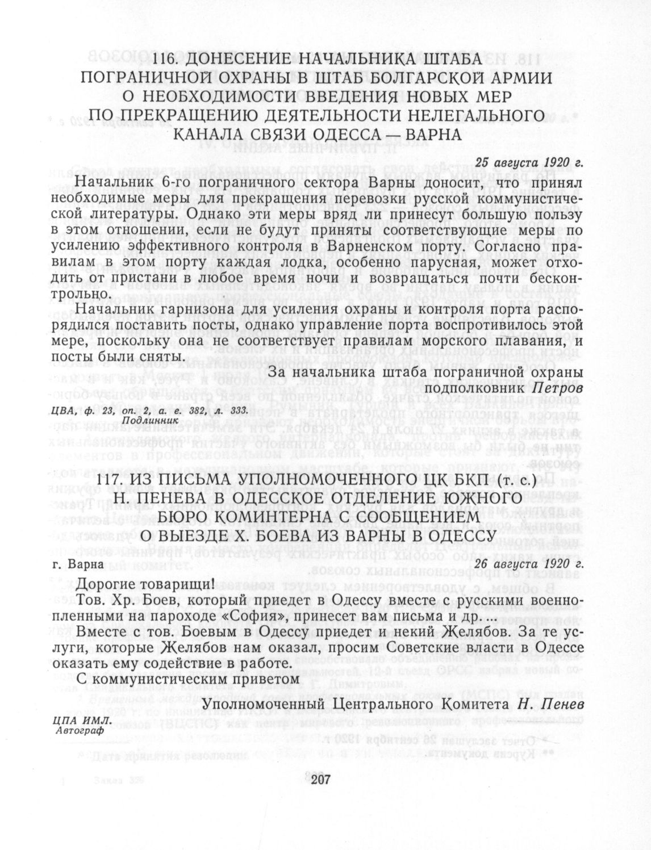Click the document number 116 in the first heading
(165, 60)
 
